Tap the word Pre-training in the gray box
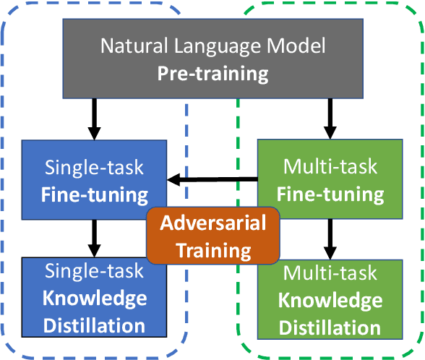click(212, 74)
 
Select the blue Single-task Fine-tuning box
click(94, 180)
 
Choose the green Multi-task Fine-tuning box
click(331, 180)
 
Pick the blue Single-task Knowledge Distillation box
click(94, 298)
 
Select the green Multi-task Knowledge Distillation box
click(331, 299)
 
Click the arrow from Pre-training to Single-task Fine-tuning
click(94, 119)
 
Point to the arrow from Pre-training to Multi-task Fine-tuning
click(331, 119)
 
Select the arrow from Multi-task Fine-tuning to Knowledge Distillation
click(331, 238)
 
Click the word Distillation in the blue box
click(94, 325)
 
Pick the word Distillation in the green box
click(331, 327)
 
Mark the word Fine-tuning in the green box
click(331, 194)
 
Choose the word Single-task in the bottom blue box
click(94, 271)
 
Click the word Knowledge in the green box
click(331, 300)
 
